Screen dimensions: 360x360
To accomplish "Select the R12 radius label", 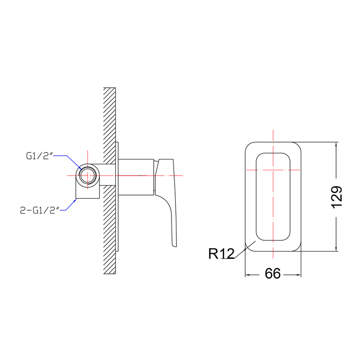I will [222, 254].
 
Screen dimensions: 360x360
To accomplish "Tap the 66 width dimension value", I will [273, 274].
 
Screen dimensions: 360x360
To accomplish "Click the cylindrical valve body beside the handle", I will [136, 177].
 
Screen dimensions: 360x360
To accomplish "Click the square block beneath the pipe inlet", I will [88, 192].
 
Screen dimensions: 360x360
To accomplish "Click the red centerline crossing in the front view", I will [273, 170].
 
